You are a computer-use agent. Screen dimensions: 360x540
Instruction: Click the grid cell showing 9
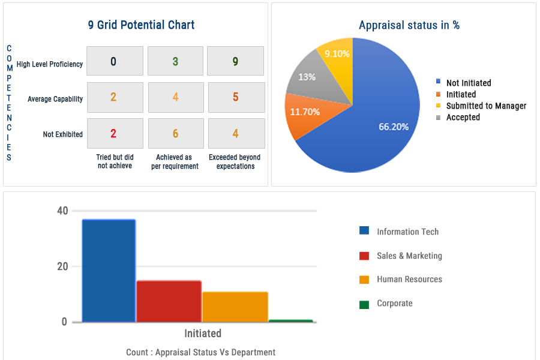tap(236, 61)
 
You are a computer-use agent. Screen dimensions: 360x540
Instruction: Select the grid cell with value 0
tap(115, 61)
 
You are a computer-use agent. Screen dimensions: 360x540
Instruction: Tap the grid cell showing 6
tap(175, 133)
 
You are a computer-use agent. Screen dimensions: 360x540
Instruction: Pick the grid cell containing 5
tap(236, 97)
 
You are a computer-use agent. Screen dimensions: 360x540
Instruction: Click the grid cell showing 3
tap(175, 61)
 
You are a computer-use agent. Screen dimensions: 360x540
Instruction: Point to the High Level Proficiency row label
tap(50, 64)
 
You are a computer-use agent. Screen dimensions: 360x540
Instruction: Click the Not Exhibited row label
tap(63, 134)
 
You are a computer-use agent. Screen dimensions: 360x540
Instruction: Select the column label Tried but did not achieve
tap(115, 161)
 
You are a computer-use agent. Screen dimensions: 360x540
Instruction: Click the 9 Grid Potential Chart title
tap(141, 25)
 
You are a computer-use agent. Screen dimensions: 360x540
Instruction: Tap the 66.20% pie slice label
tap(394, 127)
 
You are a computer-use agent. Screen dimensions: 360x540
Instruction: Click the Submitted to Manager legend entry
tap(486, 106)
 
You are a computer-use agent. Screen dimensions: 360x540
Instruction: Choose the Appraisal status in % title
tap(409, 25)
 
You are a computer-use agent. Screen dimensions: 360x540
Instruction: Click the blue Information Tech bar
tap(109, 270)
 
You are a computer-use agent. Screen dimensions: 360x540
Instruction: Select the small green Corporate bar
tap(291, 321)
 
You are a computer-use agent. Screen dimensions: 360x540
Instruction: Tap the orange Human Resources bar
tap(235, 307)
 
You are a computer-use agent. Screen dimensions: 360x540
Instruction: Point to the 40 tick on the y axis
tap(62, 211)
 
